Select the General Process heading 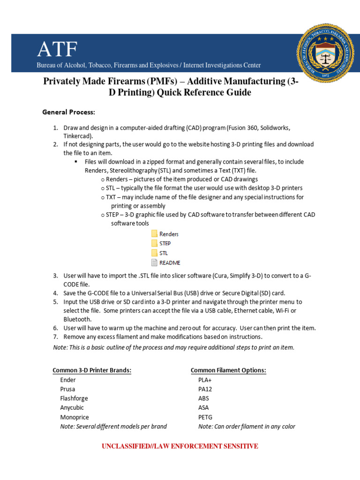point(68,112)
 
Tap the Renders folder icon point(154,233)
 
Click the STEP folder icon point(154,243)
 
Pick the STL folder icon point(154,253)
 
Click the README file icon point(154,262)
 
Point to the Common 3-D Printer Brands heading point(92,370)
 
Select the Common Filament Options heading point(228,370)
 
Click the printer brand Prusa point(67,389)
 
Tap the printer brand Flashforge point(74,398)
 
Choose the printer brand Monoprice point(75,417)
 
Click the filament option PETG point(206,417)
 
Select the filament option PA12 point(205,389)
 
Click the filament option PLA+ point(205,380)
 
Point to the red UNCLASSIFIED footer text point(180,446)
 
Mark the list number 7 point(55,337)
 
